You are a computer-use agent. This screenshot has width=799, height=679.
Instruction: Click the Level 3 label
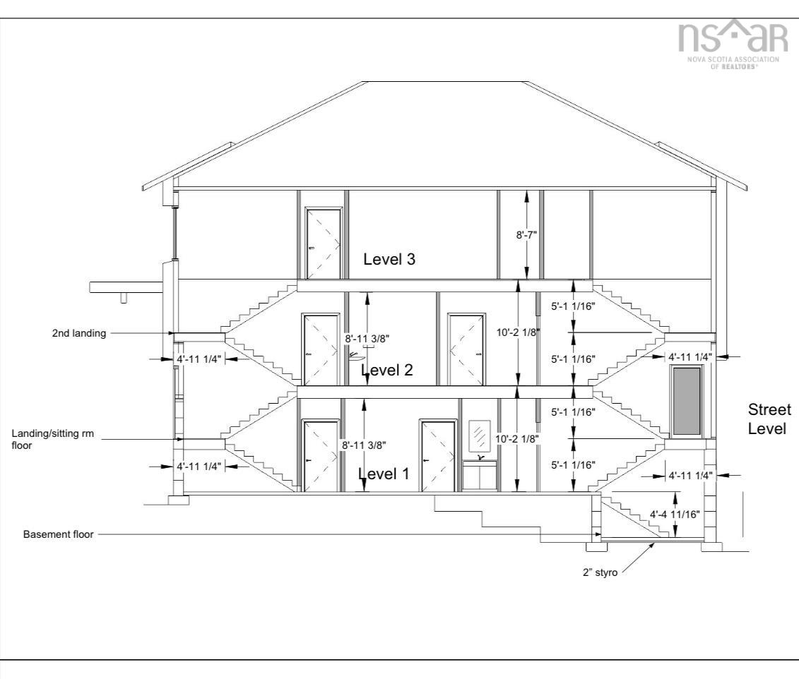pyautogui.click(x=389, y=259)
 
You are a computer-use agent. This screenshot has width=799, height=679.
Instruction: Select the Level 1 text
pyautogui.click(x=383, y=474)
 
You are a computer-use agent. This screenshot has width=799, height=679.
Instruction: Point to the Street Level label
pyautogui.click(x=769, y=419)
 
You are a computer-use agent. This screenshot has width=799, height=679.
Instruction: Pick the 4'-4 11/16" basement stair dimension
pyautogui.click(x=676, y=515)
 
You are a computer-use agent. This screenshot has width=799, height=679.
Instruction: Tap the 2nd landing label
pyautogui.click(x=79, y=333)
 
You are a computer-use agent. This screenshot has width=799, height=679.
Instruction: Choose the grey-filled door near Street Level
pyautogui.click(x=687, y=400)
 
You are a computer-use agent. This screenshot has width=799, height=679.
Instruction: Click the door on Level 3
pyautogui.click(x=323, y=242)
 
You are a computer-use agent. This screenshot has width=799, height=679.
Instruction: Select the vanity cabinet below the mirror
pyautogui.click(x=480, y=477)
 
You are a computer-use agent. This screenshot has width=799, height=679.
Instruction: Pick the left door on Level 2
pyautogui.click(x=321, y=350)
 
